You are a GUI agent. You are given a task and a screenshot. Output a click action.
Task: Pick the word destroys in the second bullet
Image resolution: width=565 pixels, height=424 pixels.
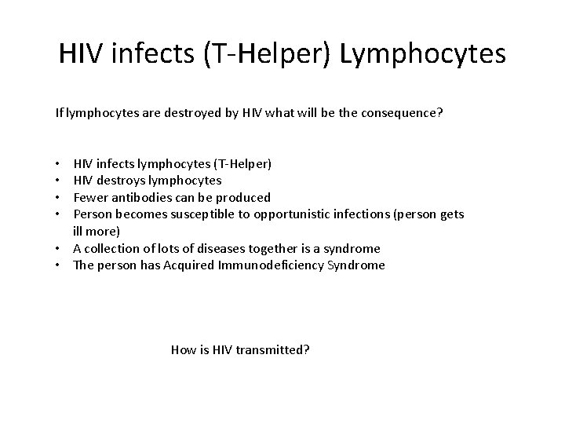[x=122, y=181]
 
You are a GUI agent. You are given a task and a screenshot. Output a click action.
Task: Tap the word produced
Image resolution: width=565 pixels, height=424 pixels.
[x=245, y=197]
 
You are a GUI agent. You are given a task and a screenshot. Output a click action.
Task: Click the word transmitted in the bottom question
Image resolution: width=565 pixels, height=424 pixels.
[x=272, y=349]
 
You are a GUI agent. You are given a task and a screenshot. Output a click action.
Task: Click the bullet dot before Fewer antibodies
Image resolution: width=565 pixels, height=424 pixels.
[x=59, y=197]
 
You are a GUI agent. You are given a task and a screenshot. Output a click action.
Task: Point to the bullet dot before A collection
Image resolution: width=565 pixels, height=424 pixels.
[x=59, y=248]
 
